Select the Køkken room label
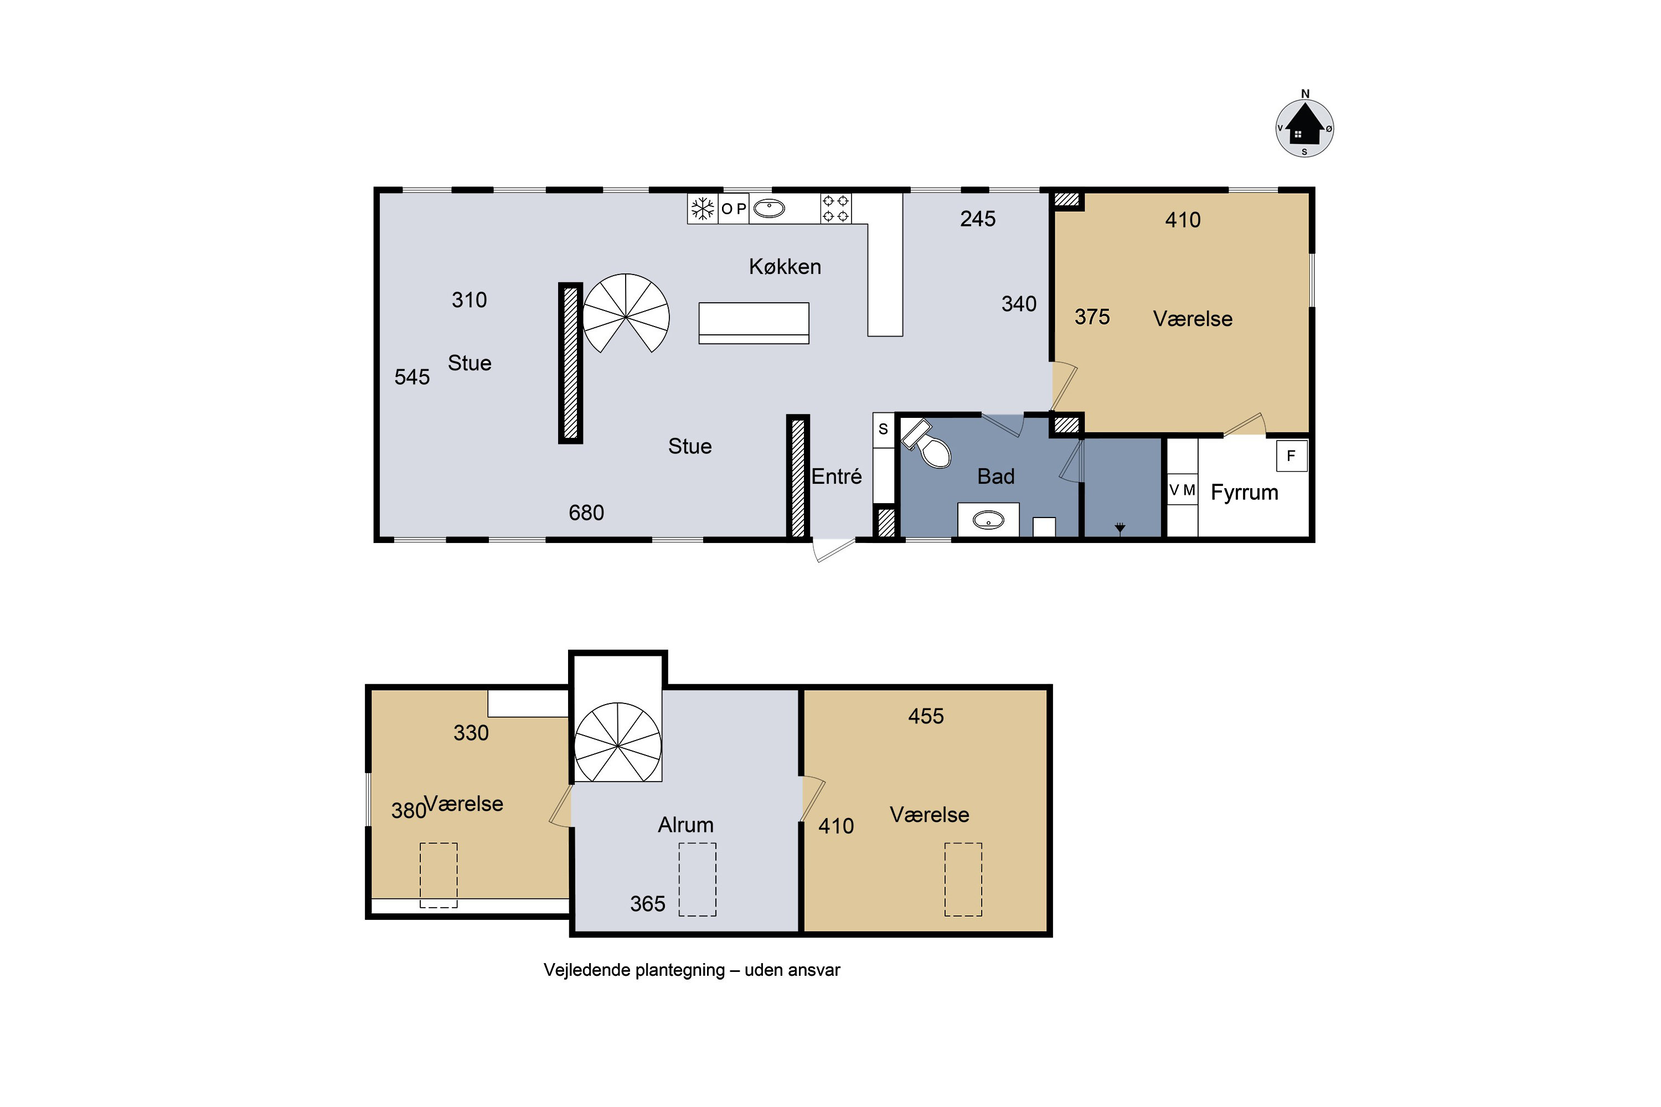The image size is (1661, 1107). (x=785, y=267)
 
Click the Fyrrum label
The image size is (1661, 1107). (x=1244, y=493)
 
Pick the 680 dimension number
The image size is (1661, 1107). (x=586, y=513)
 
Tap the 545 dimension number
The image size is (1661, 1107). (x=412, y=377)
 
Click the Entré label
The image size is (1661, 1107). (x=836, y=477)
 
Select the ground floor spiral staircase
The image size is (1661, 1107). (x=626, y=313)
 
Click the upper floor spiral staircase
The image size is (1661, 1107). (x=618, y=742)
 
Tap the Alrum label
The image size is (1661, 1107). (x=686, y=825)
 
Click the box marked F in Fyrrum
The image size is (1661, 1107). (x=1292, y=456)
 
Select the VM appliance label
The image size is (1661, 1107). (x=1182, y=490)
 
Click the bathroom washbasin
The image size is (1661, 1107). (x=988, y=521)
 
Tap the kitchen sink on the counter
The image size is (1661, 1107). (x=769, y=209)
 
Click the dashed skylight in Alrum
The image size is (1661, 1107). (x=697, y=879)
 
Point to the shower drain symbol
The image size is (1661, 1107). (x=1120, y=527)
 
